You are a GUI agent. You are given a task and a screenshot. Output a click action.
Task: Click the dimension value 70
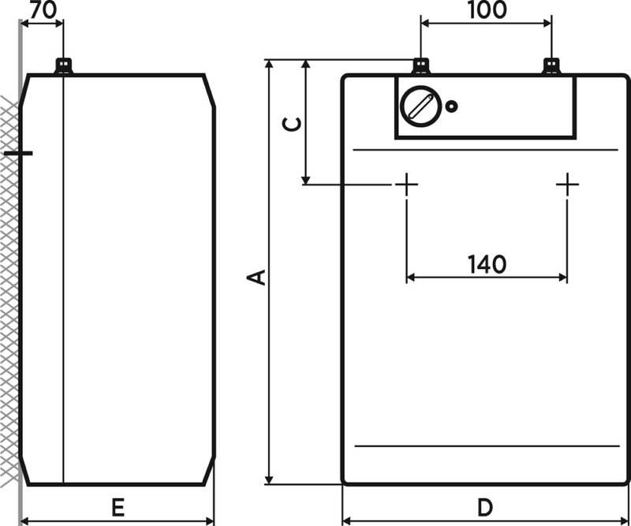click(43, 9)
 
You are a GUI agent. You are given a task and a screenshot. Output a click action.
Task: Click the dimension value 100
click(487, 9)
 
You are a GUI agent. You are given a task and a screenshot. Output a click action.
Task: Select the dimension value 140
click(487, 264)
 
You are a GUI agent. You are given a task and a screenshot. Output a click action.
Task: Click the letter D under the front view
click(485, 508)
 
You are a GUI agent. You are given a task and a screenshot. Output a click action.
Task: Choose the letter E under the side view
click(118, 508)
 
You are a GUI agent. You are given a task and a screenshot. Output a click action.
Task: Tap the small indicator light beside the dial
click(451, 106)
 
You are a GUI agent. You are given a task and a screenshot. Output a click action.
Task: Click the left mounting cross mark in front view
click(406, 185)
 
